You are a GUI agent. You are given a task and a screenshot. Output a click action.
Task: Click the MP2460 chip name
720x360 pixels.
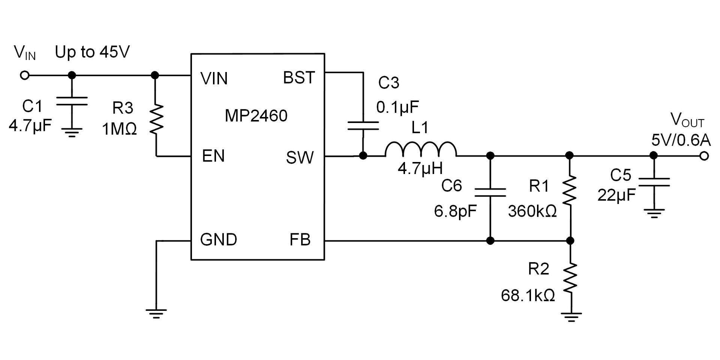coord(256,115)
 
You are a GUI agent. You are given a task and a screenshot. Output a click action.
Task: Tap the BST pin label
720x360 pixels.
coord(299,78)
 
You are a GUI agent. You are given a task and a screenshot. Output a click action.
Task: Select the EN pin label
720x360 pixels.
coord(213,156)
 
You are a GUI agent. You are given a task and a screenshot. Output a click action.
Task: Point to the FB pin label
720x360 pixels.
coord(300,240)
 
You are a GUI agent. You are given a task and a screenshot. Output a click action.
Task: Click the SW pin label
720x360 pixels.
coord(300,157)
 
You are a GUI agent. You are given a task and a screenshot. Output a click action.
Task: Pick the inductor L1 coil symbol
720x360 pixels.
coord(421,149)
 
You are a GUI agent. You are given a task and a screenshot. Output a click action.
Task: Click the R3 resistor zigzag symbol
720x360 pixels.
coord(156,119)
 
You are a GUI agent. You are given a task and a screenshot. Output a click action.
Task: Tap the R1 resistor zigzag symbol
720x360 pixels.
coord(570,190)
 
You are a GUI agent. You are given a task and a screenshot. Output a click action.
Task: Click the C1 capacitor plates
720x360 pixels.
coord(72,101)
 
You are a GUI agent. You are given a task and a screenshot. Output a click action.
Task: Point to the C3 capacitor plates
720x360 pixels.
coord(363,125)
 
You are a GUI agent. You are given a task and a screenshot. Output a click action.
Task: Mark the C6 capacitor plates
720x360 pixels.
coord(490,192)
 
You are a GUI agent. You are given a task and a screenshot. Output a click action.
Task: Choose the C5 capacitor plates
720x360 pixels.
coord(654,182)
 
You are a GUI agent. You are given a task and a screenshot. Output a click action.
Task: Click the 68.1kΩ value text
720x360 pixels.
coord(528,295)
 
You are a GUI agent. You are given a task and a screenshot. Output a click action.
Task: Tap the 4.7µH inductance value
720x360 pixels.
coord(420,168)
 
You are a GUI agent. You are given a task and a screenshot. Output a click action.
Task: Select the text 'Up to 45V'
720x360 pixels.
coord(92,52)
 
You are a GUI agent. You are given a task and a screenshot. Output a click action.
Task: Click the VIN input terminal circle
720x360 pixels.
coord(25,75)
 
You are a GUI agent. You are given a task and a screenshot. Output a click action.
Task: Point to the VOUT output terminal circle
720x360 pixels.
coord(704,156)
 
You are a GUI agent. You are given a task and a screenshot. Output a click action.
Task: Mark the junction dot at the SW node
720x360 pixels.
coord(363,156)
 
